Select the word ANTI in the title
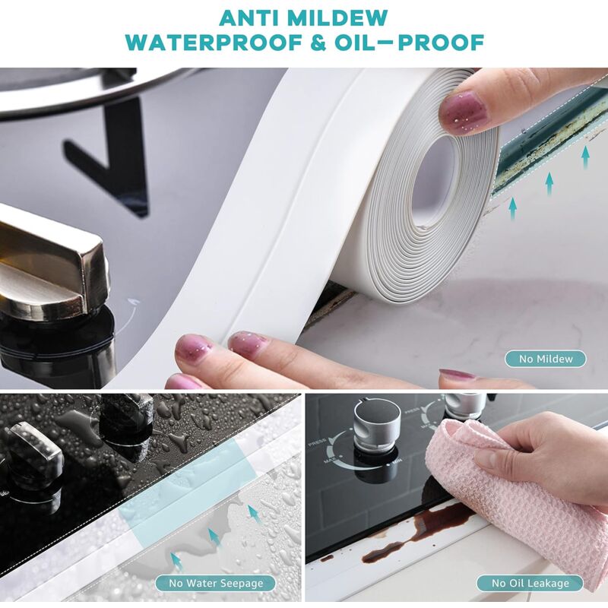[x=245, y=17]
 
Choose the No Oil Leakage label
[x=530, y=583]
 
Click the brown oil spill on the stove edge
[x=433, y=524]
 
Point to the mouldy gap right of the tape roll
[x=532, y=152]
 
